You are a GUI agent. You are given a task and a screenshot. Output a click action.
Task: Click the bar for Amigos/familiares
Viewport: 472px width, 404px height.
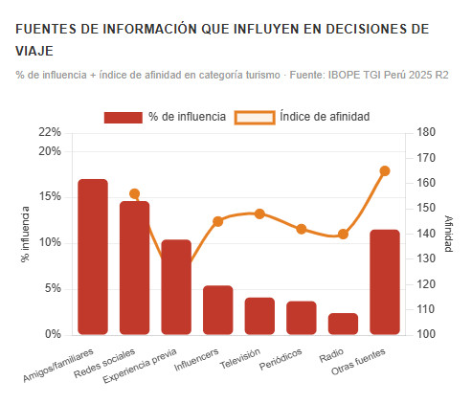93,257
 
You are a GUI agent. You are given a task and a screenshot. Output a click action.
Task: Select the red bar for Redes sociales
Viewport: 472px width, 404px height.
134,268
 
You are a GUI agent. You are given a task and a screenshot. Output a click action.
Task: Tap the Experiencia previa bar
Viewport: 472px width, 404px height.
176,287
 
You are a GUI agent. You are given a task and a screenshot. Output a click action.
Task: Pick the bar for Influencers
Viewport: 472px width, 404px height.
218,310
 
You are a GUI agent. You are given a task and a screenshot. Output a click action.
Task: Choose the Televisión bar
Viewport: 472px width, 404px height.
259,316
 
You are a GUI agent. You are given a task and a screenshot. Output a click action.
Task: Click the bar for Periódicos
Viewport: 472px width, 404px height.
302,318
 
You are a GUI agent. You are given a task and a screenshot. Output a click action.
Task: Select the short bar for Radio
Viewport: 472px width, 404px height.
343,324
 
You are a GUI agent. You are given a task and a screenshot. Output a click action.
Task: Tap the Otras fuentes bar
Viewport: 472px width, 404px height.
385,282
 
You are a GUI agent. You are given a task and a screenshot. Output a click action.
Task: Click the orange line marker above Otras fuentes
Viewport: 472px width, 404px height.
385,171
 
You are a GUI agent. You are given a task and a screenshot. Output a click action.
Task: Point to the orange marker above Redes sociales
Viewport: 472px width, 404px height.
134,194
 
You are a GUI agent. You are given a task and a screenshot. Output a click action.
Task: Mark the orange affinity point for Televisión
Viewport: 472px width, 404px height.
259,214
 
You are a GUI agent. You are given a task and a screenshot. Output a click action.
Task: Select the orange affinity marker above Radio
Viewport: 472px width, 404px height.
343,235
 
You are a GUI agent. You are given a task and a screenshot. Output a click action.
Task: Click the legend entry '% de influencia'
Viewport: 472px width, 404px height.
165,117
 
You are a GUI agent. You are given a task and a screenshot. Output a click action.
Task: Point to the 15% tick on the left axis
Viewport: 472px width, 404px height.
49,197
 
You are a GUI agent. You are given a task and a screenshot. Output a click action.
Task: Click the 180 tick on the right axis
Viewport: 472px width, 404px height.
427,132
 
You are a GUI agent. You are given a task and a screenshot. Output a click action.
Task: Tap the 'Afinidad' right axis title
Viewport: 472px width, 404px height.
448,234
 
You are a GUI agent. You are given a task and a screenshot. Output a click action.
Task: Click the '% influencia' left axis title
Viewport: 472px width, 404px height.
27,234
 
